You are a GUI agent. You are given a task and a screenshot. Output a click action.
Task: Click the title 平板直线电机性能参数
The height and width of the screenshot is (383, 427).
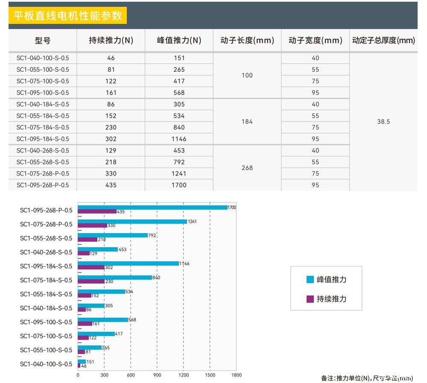point(67,16)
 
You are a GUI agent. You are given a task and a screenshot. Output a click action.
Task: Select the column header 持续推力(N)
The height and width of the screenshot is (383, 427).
point(111,41)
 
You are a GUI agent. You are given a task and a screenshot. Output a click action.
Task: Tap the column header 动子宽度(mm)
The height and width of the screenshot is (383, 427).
point(315,41)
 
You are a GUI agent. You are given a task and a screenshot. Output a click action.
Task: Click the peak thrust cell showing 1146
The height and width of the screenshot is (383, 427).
point(179,139)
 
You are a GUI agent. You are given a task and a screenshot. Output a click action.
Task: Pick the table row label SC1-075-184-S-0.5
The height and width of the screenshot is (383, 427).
point(43,127)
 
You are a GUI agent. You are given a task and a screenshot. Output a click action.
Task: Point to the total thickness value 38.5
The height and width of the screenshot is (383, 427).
point(383,122)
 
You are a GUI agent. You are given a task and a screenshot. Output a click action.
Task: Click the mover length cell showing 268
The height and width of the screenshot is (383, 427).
point(247,168)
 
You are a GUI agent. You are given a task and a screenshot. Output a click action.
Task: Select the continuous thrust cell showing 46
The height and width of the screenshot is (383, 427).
point(111,58)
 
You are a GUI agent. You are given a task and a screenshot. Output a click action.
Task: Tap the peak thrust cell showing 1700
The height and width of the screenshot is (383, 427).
point(179,185)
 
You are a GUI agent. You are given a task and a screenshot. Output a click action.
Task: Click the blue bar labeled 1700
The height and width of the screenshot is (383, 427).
point(152,208)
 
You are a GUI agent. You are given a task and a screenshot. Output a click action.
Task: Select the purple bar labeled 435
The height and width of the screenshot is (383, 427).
point(97,211)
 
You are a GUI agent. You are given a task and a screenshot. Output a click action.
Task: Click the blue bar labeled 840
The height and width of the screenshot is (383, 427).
point(114,278)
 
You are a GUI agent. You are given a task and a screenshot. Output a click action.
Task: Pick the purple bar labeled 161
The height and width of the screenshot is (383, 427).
point(85,324)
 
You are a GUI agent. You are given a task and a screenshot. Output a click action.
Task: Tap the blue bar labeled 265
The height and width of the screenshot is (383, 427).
point(89,348)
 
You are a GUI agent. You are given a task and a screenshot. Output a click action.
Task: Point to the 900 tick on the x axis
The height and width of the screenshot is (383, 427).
point(157,375)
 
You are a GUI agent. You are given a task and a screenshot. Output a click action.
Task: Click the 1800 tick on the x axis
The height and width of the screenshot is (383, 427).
point(236,375)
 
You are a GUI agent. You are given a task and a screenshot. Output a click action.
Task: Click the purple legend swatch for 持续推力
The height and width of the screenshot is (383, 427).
point(310,299)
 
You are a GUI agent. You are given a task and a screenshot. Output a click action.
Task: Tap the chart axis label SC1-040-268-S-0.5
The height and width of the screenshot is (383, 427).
point(46,252)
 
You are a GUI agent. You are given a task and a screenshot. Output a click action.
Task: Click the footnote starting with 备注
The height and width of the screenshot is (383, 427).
point(367,378)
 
